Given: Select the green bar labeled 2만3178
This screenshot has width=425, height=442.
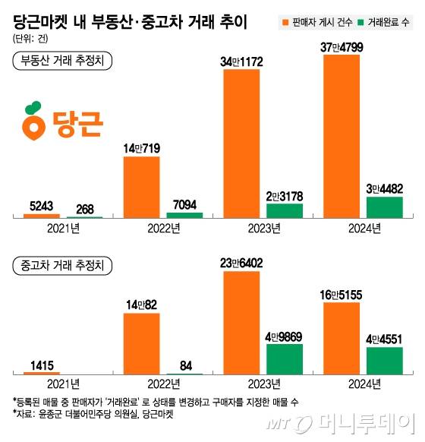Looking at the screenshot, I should tap(285, 211).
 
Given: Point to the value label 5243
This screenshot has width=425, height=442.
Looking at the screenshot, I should tap(42, 206).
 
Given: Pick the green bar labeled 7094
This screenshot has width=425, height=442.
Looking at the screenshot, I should tap(184, 216).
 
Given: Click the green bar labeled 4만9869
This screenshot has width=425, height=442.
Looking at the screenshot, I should tap(285, 358).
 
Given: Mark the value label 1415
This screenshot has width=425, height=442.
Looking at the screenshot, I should tap(42, 365).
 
